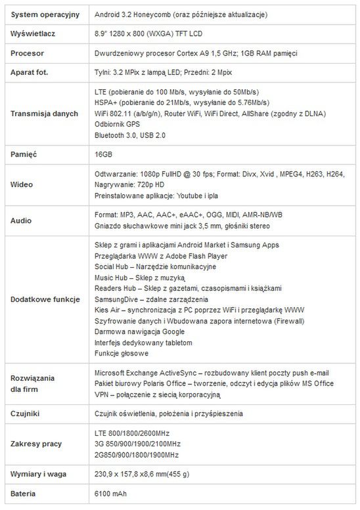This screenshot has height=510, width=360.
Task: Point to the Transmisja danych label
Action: point(44,113)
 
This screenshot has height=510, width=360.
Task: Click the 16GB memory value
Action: point(104,153)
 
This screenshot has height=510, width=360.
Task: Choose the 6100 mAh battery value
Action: point(111,494)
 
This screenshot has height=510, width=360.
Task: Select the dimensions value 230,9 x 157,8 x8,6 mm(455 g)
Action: point(143,474)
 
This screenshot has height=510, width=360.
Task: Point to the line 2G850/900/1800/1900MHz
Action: point(137,454)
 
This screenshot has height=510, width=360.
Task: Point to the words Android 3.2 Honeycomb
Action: point(131,14)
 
